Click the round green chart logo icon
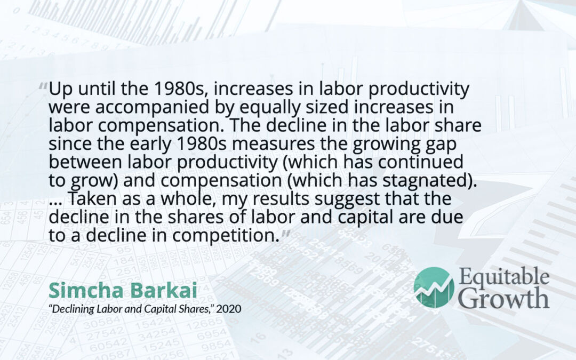point(434,287)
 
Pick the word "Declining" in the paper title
point(74,309)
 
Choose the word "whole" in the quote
point(189,199)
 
